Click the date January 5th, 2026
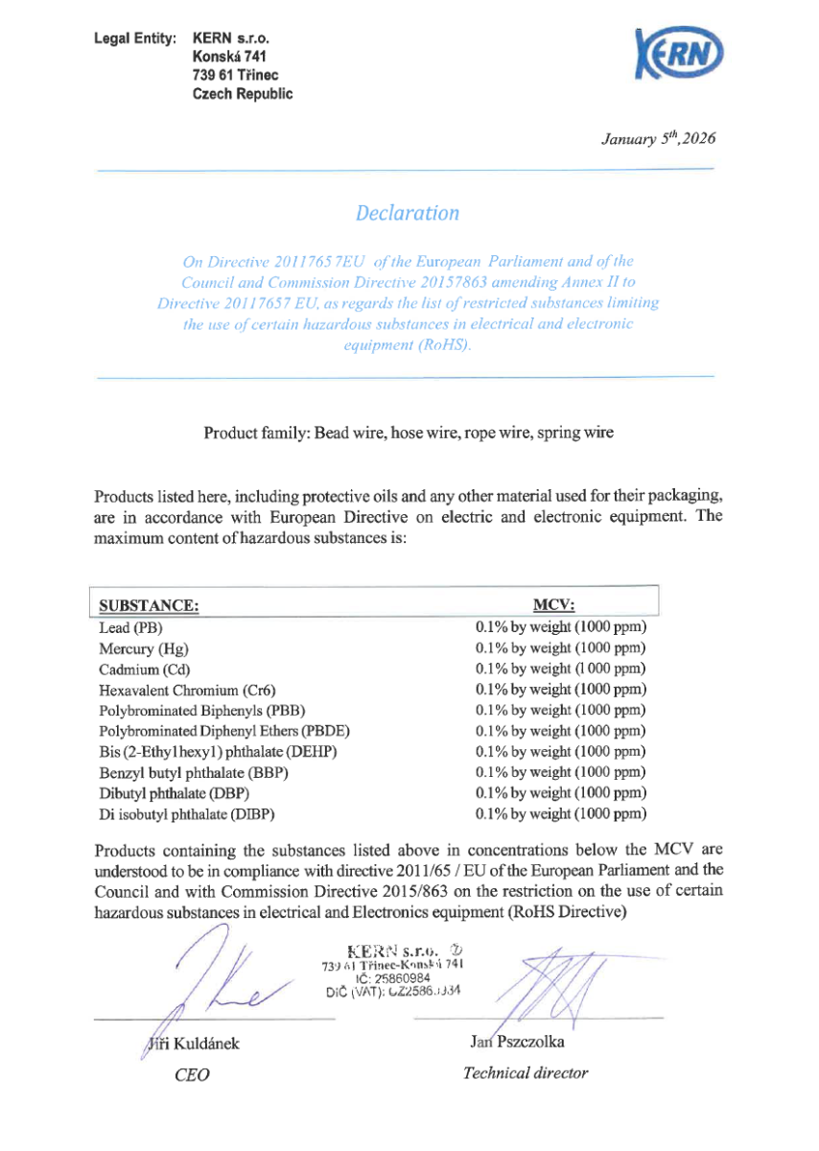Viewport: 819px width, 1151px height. pyautogui.click(x=658, y=138)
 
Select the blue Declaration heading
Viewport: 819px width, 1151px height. pyautogui.click(x=407, y=213)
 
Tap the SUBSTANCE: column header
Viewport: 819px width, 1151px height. pyautogui.click(x=149, y=605)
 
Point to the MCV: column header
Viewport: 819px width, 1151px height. pyautogui.click(x=553, y=605)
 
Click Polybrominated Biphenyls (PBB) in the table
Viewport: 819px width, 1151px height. pyautogui.click(x=193, y=711)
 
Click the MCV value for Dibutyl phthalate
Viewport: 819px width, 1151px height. pyautogui.click(x=561, y=793)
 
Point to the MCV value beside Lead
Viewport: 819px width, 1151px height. pyautogui.click(x=561, y=628)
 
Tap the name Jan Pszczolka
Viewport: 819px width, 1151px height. pyautogui.click(x=517, y=1042)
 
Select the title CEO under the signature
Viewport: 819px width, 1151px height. pyautogui.click(x=192, y=1075)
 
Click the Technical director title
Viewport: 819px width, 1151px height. pyautogui.click(x=525, y=1073)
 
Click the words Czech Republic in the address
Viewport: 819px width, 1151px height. pyautogui.click(x=243, y=94)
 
